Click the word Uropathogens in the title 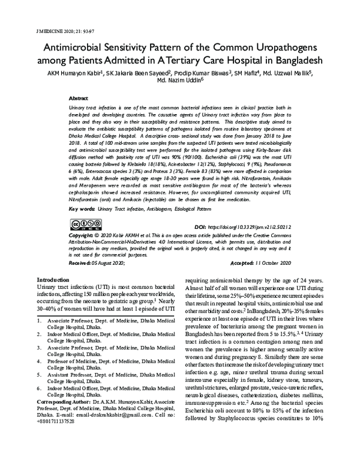tap(277, 47)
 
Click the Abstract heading tap(79, 97)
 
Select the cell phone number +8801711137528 tap(56, 438)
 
